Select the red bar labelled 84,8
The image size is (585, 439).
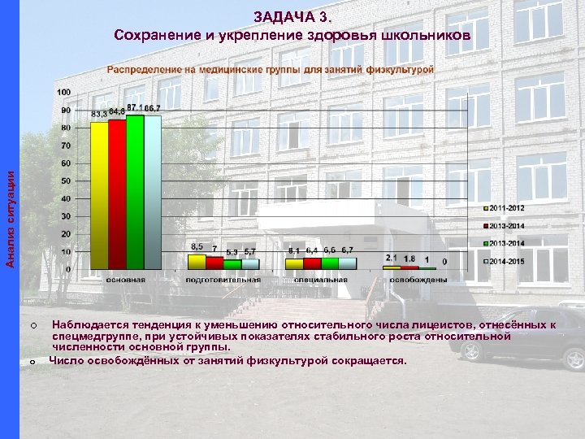117,193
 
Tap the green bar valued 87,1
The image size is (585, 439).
135,192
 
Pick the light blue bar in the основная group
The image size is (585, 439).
153,193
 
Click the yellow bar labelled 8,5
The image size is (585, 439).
197,261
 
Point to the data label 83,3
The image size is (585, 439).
99,114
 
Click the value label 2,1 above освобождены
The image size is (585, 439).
391,257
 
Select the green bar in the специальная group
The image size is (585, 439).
330,263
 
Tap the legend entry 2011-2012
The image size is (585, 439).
506,208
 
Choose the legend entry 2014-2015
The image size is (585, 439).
506,262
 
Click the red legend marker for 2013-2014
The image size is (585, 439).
484,226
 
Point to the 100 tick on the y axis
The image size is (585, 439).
63,92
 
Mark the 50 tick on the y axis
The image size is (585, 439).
65,180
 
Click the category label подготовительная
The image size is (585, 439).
223,279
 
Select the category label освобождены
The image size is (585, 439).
418,279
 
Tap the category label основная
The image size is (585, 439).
126,279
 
